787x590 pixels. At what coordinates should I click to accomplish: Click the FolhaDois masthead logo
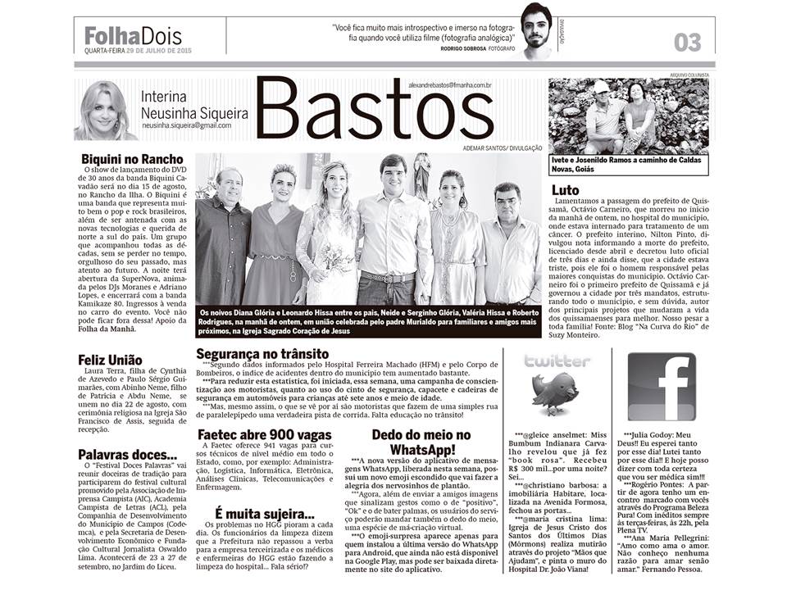(x=133, y=35)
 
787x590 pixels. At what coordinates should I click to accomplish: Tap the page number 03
(x=687, y=42)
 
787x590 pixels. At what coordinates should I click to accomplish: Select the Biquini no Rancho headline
(x=132, y=159)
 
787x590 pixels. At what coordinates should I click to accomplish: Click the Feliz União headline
(x=110, y=359)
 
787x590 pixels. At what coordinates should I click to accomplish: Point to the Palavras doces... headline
(x=127, y=454)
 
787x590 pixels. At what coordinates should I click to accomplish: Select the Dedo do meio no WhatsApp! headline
(x=422, y=442)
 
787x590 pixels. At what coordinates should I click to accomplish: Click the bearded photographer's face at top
(x=539, y=31)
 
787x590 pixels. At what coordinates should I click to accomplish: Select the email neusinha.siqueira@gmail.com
(x=186, y=125)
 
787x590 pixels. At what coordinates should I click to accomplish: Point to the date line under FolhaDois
(x=138, y=52)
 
